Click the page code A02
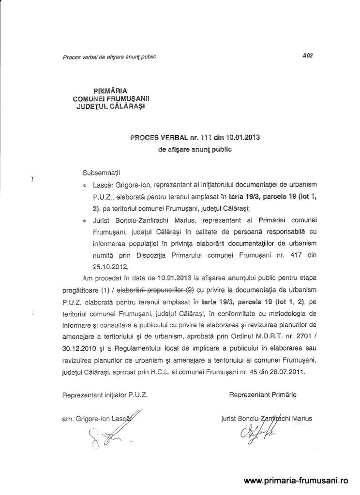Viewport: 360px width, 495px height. coord(307,56)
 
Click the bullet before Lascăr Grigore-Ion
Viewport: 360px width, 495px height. coord(84,185)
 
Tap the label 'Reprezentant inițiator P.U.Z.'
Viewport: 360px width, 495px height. coord(105,394)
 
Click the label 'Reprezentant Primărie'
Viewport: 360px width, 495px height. coord(263,394)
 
